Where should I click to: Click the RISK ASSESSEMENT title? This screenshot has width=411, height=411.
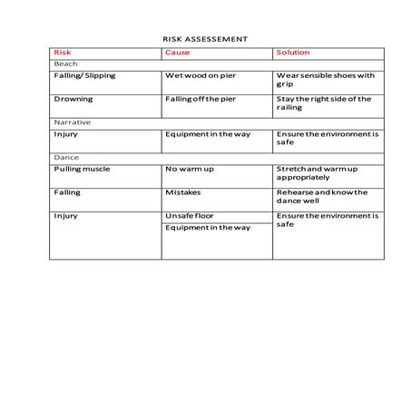pyautogui.click(x=205, y=39)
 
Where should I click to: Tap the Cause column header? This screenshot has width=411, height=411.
pyautogui.click(x=177, y=53)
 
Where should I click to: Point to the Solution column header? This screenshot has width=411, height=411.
pyautogui.click(x=292, y=53)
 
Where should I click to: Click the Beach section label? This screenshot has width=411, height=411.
pyautogui.click(x=65, y=64)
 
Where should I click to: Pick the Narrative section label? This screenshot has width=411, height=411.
pyautogui.click(x=72, y=122)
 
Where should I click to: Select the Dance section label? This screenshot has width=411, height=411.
pyautogui.click(x=66, y=157)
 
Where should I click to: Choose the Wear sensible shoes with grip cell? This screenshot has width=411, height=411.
pyautogui.click(x=325, y=80)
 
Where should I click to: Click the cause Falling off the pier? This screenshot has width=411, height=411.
pyautogui.click(x=201, y=99)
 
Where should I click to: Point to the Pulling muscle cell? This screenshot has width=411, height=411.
pyautogui.click(x=82, y=169)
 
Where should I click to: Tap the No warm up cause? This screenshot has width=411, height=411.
pyautogui.click(x=189, y=169)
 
